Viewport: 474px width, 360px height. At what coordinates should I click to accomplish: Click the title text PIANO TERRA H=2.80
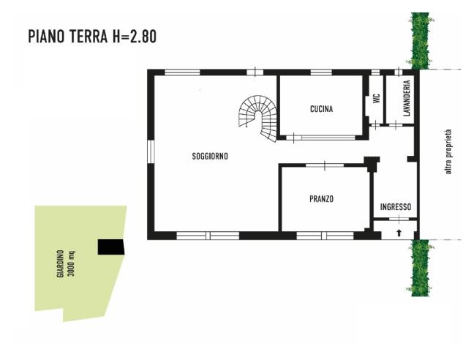(91, 37)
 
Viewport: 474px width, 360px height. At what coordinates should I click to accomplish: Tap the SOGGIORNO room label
(210, 156)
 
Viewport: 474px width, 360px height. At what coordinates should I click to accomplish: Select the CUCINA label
(321, 109)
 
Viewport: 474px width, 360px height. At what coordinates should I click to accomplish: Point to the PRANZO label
(321, 198)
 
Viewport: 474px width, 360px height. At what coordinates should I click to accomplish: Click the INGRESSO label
(396, 207)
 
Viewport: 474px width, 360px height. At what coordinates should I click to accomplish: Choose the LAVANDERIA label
(407, 98)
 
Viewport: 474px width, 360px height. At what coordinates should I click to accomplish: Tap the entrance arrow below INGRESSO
(399, 233)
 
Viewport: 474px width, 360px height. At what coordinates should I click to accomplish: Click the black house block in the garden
(112, 247)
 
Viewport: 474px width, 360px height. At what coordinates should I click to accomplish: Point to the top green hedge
(420, 40)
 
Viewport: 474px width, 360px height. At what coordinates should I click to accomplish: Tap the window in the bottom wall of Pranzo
(324, 235)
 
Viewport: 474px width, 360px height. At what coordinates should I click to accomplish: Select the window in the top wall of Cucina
(321, 72)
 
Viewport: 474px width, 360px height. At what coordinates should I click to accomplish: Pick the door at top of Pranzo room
(325, 166)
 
